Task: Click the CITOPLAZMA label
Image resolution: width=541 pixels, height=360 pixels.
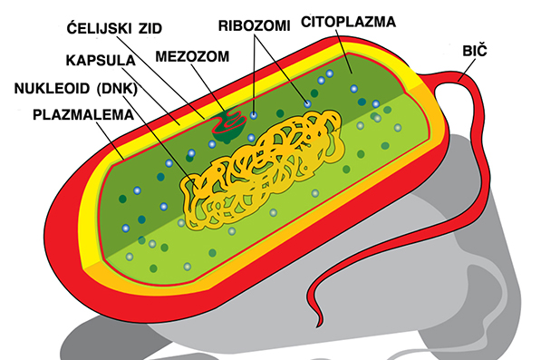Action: click(x=347, y=20)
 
